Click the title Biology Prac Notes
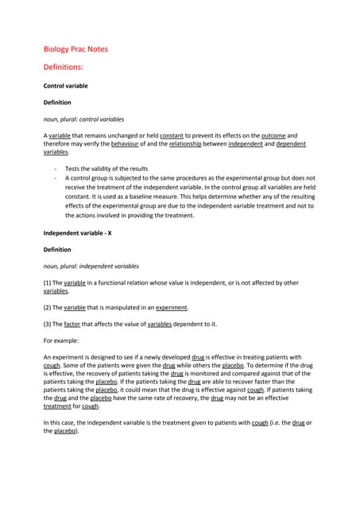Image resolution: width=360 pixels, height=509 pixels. (x=75, y=49)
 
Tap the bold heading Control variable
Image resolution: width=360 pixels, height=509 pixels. (x=65, y=86)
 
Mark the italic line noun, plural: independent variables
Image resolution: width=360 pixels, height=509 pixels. (x=91, y=266)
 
